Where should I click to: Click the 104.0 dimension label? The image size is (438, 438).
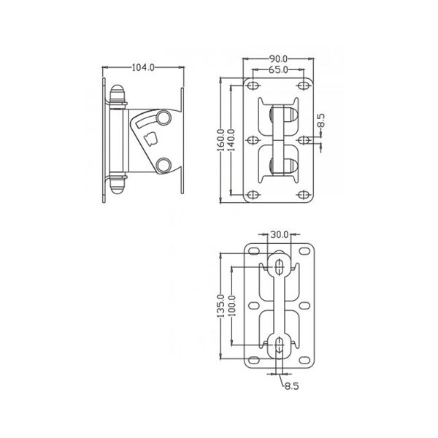[143, 68]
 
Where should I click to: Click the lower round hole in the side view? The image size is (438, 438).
[164, 164]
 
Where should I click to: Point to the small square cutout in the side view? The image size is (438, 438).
[150, 139]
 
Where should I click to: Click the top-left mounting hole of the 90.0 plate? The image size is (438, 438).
[254, 85]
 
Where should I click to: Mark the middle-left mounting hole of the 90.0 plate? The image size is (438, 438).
[254, 139]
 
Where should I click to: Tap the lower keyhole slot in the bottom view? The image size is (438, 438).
[280, 346]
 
